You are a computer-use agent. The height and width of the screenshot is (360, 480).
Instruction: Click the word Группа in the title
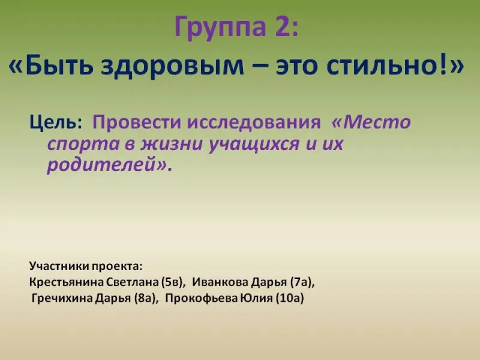point(220,28)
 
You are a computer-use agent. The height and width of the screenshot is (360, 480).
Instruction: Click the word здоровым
point(172,68)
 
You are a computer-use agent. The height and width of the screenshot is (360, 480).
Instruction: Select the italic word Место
point(377,122)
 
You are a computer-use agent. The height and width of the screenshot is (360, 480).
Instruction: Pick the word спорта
point(83,145)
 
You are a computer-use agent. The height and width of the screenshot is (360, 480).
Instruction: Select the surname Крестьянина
point(66,282)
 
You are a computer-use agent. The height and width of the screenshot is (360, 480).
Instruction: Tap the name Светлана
point(133,282)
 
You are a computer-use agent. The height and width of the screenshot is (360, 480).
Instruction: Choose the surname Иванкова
point(220,282)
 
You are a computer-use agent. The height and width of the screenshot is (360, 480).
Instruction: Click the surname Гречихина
point(62,298)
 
